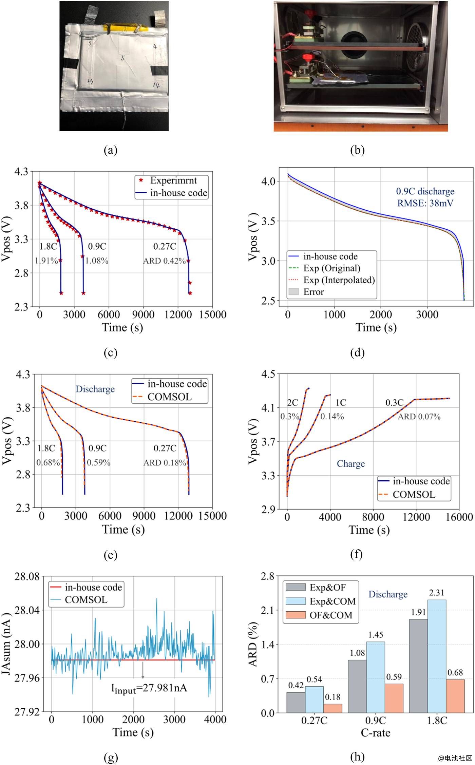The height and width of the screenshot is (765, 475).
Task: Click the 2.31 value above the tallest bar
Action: [x=436, y=593]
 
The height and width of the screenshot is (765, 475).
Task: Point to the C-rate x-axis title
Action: [x=375, y=732]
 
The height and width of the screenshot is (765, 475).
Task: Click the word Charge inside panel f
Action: [x=350, y=464]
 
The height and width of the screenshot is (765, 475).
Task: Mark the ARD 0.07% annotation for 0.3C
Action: [x=419, y=417]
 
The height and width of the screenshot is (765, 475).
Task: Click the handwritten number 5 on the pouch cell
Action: [x=123, y=58]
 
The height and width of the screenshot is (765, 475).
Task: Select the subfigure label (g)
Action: [x=111, y=758]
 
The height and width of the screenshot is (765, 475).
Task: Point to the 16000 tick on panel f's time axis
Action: [x=459, y=517]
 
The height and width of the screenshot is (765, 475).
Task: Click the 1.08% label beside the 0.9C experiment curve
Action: [x=97, y=261]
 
